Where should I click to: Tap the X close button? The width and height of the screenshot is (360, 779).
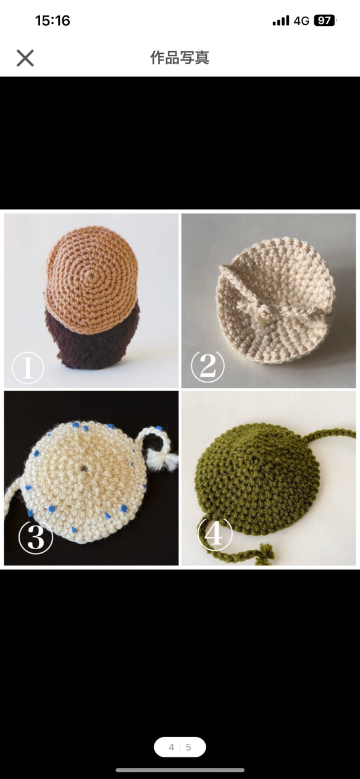[25, 57]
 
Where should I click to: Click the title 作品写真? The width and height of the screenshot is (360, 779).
[180, 57]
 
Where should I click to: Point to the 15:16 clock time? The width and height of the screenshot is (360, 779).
[52, 21]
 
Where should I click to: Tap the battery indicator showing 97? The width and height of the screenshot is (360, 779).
[325, 21]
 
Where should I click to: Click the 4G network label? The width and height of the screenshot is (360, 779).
[301, 21]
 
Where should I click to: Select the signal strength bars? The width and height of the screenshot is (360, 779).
[281, 21]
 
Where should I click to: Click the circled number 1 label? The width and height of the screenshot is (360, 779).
[28, 368]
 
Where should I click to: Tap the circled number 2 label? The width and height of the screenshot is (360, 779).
[208, 367]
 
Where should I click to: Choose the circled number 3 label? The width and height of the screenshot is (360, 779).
[36, 538]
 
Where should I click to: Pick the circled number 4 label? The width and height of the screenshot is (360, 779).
[215, 534]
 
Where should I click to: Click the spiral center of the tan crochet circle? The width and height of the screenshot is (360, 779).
[93, 277]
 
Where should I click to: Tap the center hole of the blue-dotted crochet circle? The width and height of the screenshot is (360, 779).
[84, 468]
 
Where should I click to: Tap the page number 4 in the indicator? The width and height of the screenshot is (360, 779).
[171, 747]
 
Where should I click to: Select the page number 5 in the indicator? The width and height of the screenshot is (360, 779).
[188, 747]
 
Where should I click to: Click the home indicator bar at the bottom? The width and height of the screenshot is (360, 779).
[180, 770]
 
